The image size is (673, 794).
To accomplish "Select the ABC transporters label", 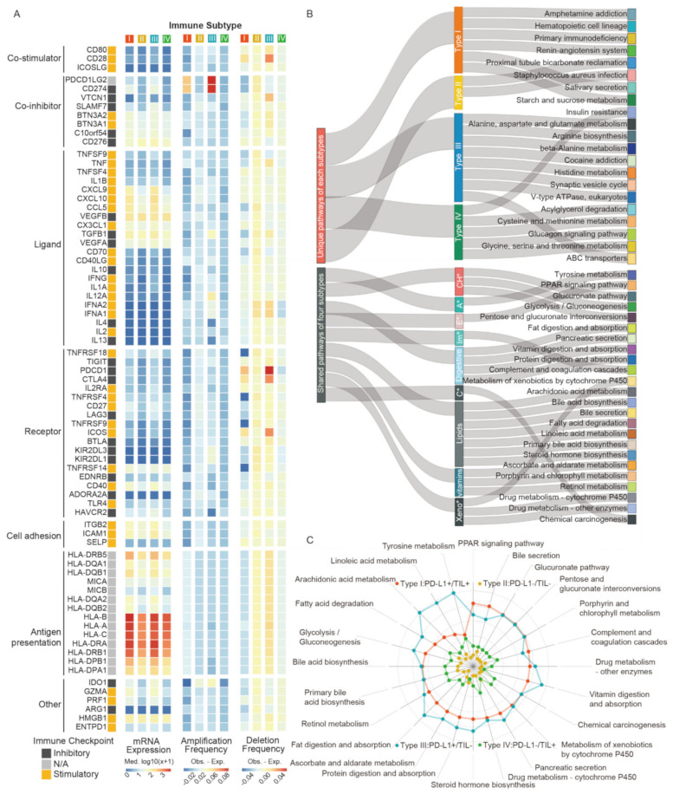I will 598,257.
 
